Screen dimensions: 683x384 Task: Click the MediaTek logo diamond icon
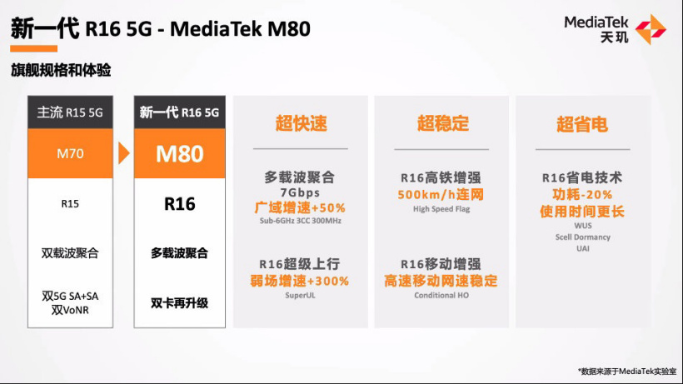(651, 29)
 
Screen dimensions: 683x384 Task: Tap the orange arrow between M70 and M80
(124, 153)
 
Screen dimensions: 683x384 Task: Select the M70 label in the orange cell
(70, 154)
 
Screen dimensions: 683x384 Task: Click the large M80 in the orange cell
(179, 154)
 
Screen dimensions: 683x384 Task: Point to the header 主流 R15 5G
(70, 112)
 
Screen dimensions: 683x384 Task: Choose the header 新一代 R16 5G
(179, 112)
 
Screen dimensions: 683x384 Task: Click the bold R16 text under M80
(179, 204)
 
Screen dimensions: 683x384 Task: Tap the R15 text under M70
(70, 204)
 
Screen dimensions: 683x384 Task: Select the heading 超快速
(301, 123)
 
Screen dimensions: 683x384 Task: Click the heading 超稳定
(442, 123)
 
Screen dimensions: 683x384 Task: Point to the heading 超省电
(582, 124)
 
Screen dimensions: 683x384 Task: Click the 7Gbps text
(300, 192)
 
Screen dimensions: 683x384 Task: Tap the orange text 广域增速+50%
(300, 207)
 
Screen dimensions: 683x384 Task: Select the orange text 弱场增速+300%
(300, 281)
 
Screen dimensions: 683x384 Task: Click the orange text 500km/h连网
(441, 194)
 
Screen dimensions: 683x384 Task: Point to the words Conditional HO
(441, 295)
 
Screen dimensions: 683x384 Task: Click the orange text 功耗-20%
(582, 194)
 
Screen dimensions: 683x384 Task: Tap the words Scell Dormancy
(583, 237)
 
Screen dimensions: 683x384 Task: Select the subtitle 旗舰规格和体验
(61, 70)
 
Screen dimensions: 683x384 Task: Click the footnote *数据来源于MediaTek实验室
(627, 372)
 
